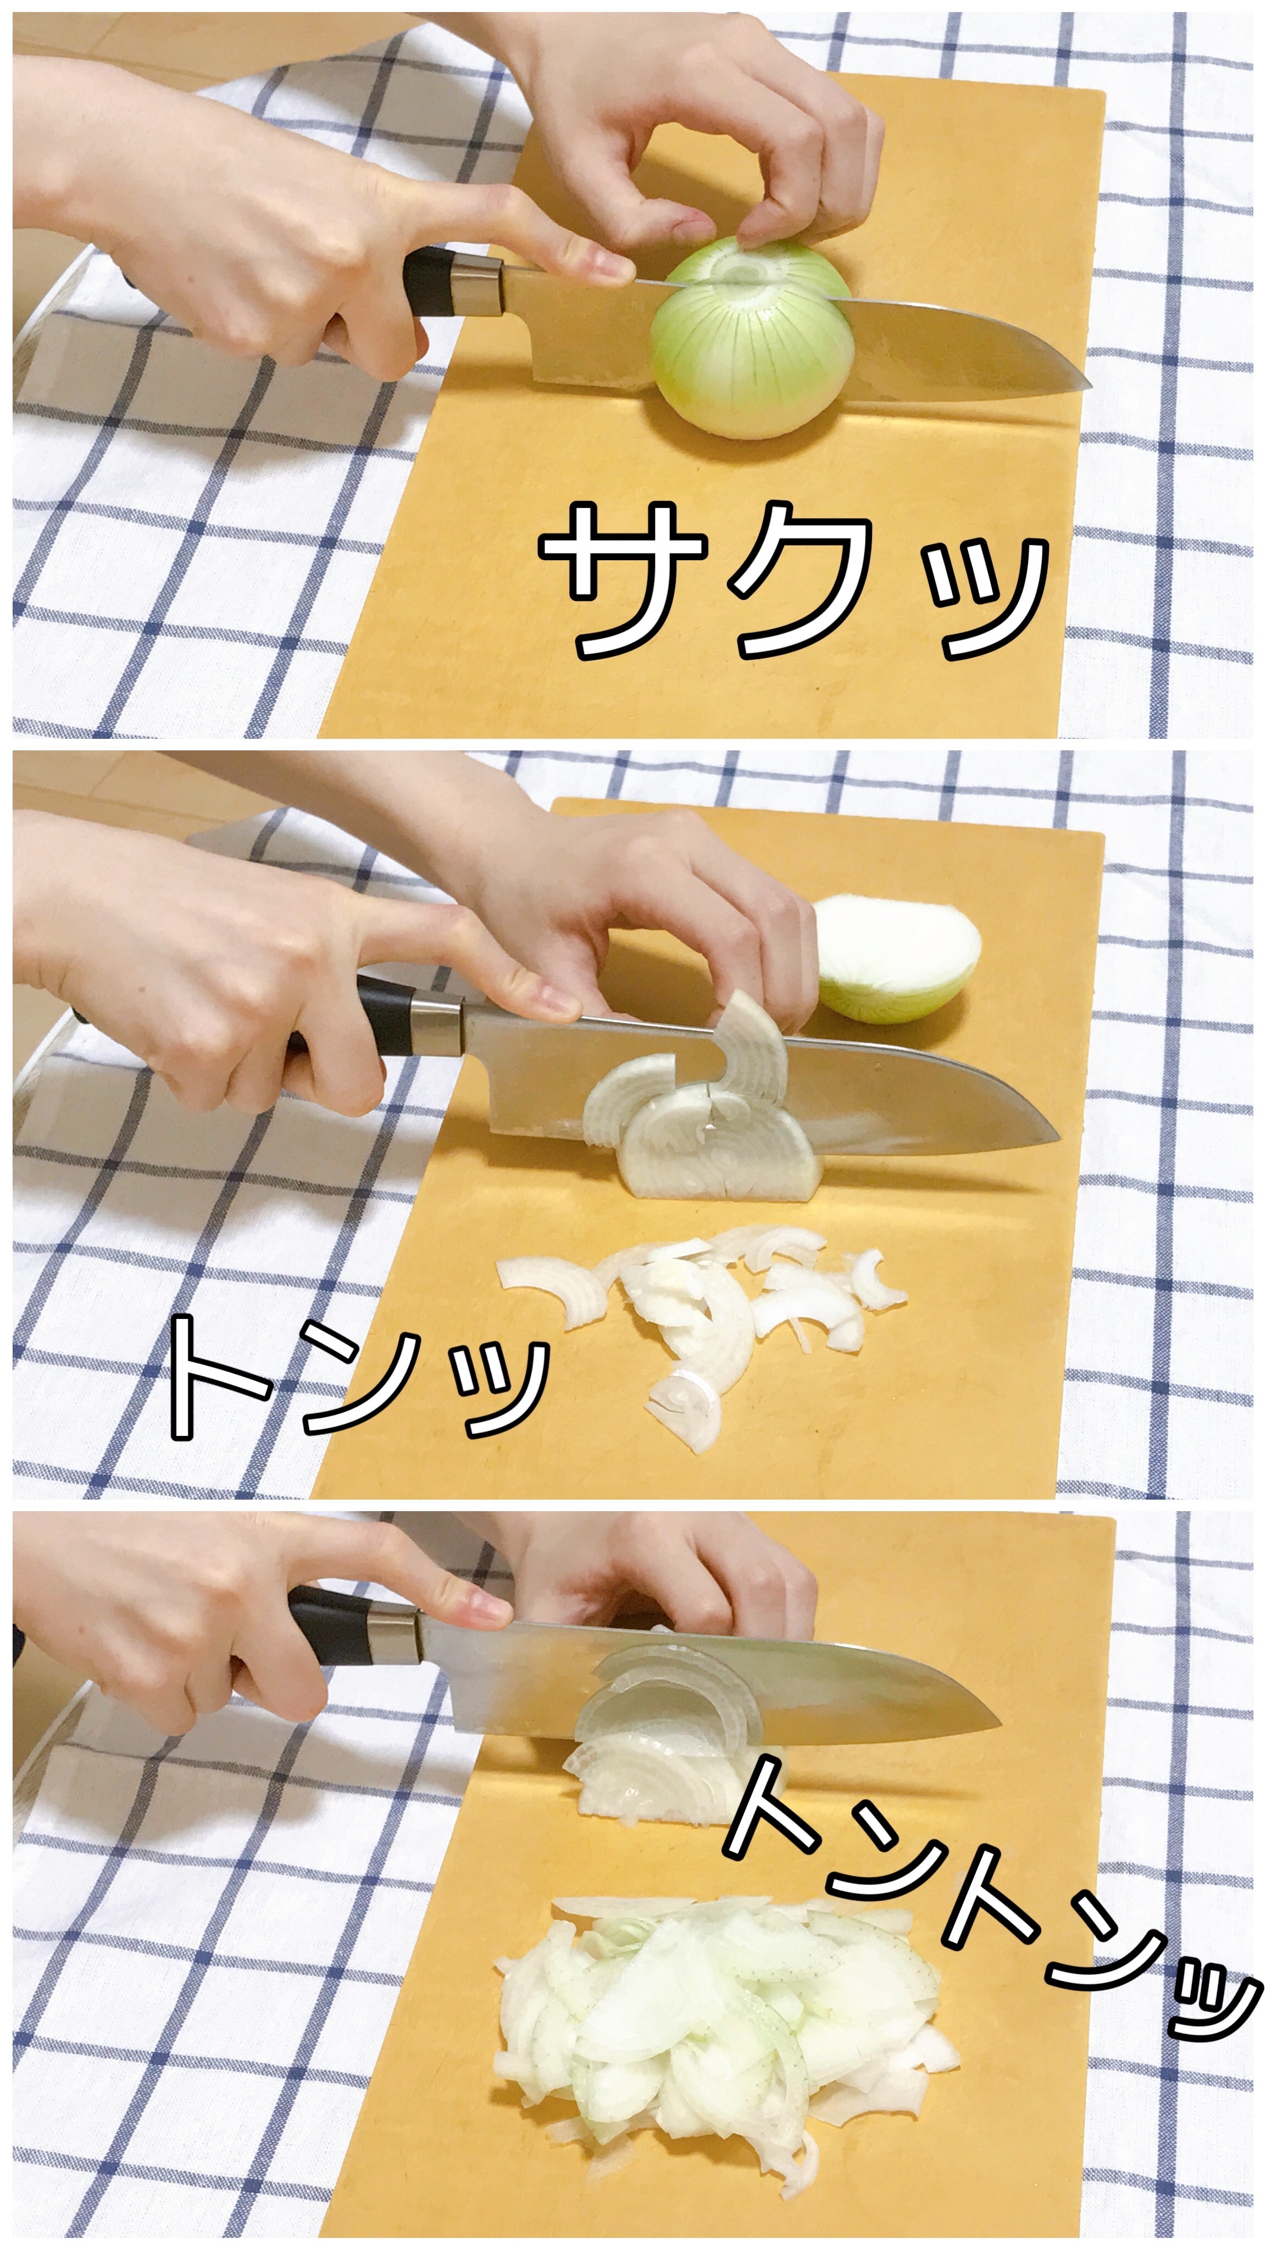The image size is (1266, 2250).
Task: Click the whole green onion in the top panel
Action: [x=751, y=336]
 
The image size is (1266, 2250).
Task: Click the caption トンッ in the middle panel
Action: [x=358, y=1373]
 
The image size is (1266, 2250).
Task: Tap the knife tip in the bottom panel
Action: [x=998, y=1723]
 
